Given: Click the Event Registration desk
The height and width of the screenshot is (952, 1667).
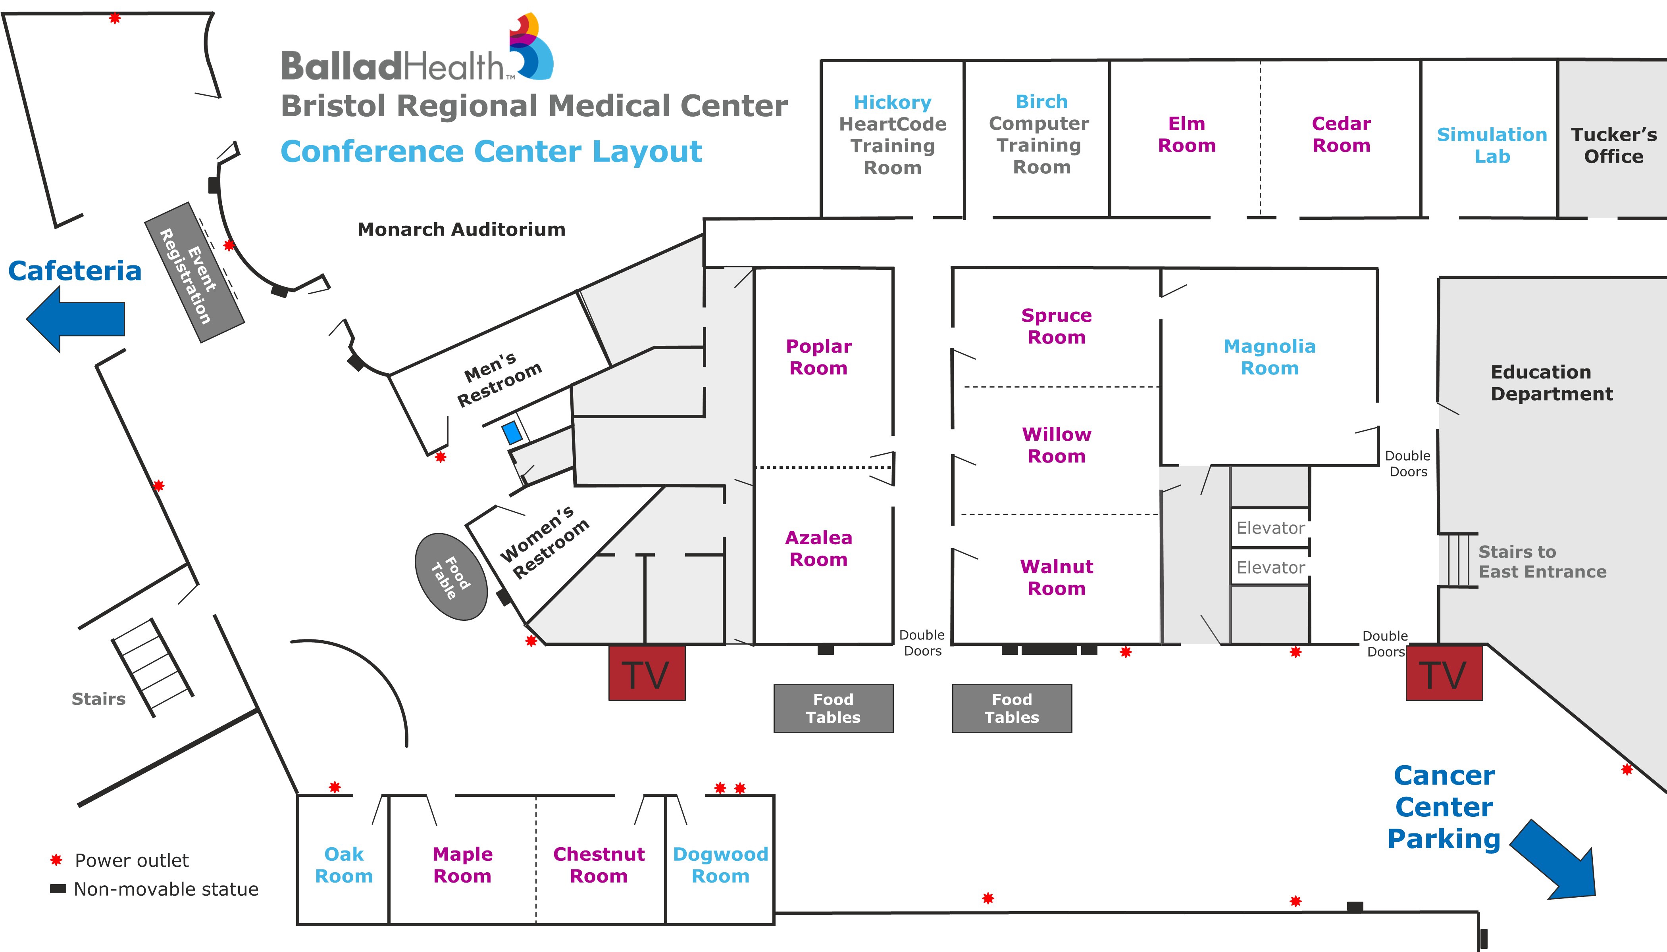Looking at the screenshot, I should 194,272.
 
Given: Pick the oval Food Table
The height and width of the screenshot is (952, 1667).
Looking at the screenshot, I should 451,577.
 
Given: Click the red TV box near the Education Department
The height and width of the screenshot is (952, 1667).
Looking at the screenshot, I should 1444,674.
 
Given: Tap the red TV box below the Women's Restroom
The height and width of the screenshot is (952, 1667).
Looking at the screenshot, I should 647,674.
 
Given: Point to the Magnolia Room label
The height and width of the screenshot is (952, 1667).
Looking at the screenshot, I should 1269,357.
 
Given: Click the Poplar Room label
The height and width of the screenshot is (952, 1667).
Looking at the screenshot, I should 818,357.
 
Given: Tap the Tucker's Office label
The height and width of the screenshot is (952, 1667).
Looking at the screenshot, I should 1613,145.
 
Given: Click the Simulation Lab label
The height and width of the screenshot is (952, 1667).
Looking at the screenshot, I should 1492,145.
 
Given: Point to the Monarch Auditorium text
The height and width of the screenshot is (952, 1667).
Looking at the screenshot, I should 461,230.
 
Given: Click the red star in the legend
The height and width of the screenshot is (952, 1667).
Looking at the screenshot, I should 56,860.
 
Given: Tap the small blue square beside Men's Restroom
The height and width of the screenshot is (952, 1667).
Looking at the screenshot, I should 512,433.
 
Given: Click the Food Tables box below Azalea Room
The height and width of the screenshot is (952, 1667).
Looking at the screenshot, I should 833,708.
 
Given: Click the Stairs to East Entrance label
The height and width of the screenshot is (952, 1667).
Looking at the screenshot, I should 1542,562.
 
